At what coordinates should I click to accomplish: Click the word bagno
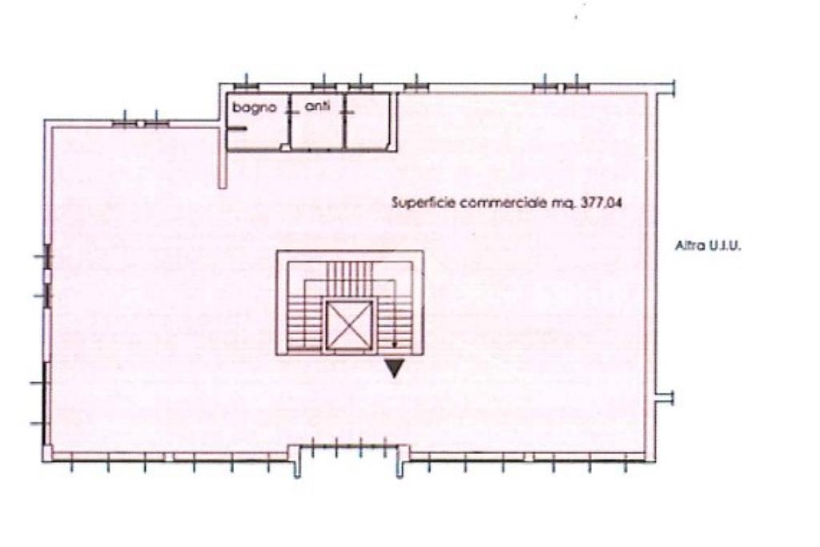point(254,108)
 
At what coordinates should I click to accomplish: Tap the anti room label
point(317,107)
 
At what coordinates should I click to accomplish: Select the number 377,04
point(601,203)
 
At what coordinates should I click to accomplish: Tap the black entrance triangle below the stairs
point(395,368)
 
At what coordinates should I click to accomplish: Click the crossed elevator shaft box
point(349,325)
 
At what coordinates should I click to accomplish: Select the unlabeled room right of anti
point(368,121)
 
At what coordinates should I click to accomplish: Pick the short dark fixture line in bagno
point(238,129)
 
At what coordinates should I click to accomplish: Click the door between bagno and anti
point(288,109)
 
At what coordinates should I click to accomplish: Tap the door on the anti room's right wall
point(346,109)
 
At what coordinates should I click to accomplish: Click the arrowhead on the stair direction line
point(394,344)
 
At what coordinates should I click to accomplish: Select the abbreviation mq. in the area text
point(564,203)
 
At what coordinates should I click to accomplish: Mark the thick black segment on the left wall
point(46,404)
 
